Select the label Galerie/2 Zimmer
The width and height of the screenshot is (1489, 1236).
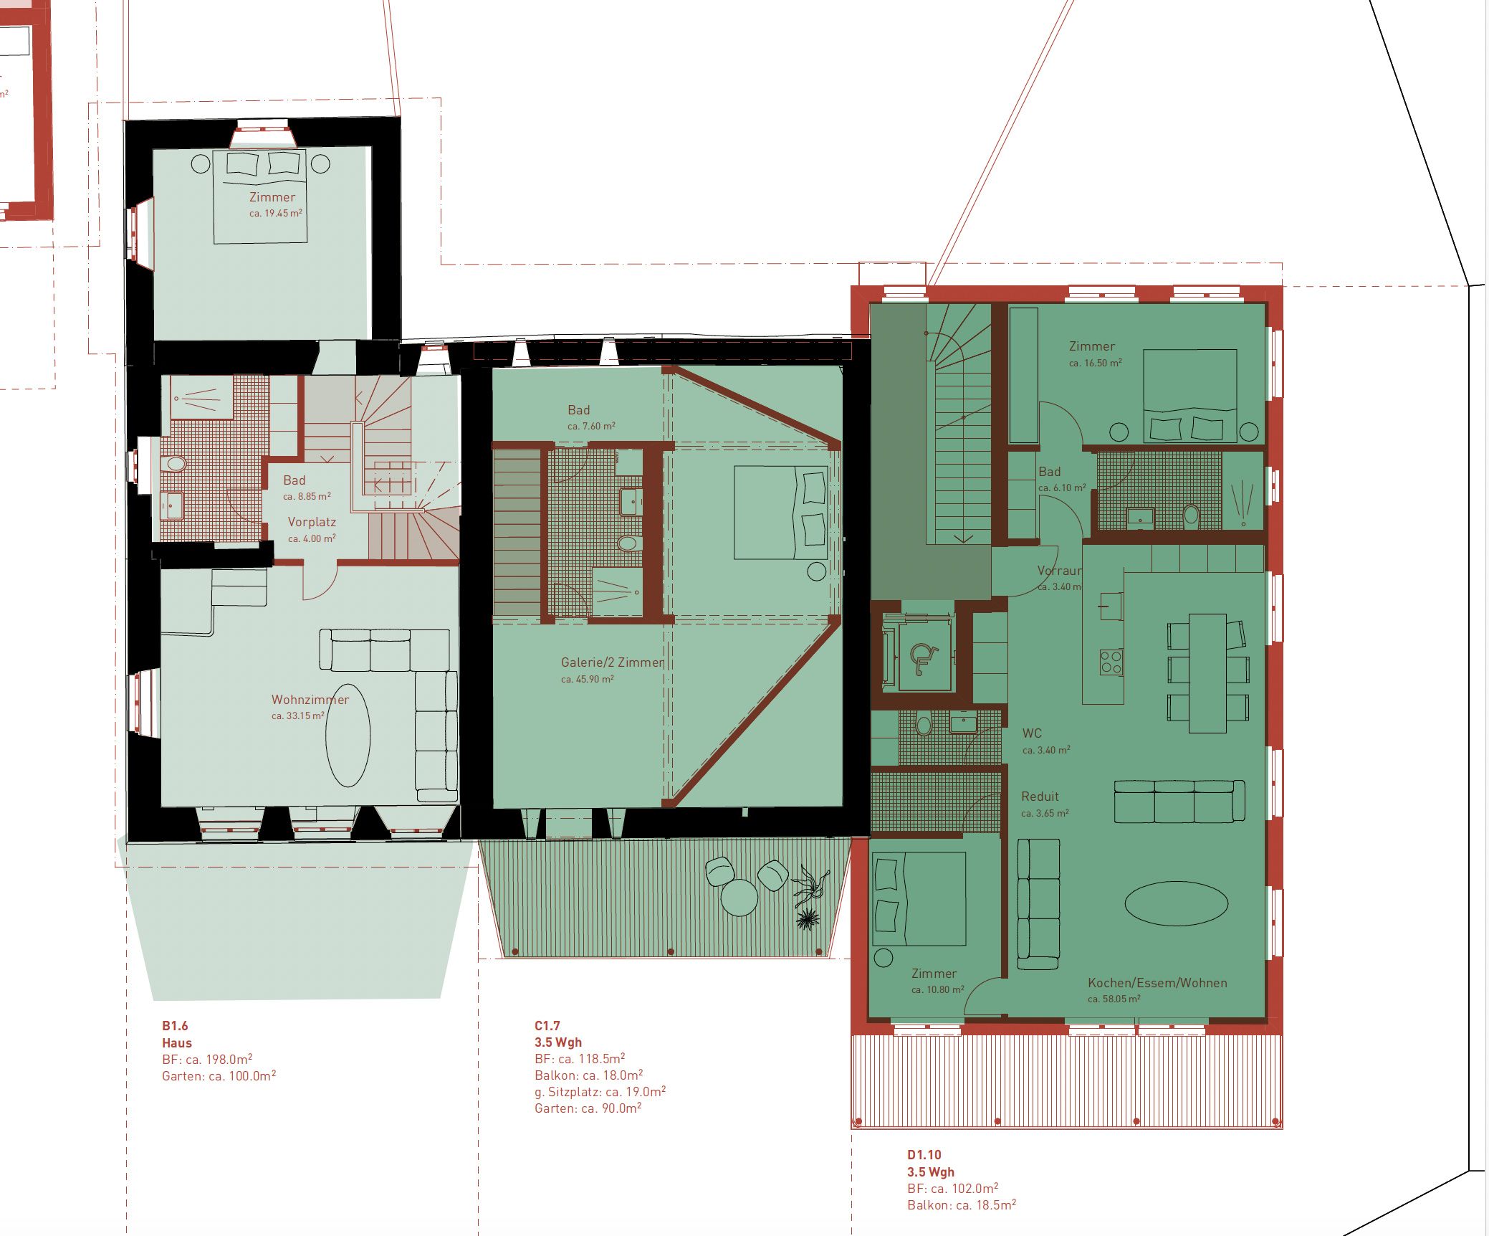pyautogui.click(x=613, y=662)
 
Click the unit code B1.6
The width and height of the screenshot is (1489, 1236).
pyautogui.click(x=175, y=1026)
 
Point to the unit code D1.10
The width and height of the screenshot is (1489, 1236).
pyautogui.click(x=924, y=1155)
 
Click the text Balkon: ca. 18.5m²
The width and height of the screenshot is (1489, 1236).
pyautogui.click(x=962, y=1205)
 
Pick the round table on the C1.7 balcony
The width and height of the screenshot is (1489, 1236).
pyautogui.click(x=739, y=897)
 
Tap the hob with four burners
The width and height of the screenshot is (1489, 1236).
pyautogui.click(x=1111, y=662)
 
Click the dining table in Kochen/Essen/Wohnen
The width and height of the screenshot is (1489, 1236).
pyautogui.click(x=1207, y=672)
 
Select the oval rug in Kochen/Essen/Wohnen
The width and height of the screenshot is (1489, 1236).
pyautogui.click(x=1176, y=904)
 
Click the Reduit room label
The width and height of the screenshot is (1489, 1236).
pyautogui.click(x=1040, y=797)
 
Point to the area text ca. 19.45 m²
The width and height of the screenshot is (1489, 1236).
pyautogui.click(x=276, y=214)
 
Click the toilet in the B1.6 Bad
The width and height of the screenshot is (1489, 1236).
pyautogui.click(x=174, y=464)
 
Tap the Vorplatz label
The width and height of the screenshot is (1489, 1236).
pyautogui.click(x=312, y=523)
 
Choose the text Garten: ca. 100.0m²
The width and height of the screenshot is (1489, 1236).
pyautogui.click(x=219, y=1076)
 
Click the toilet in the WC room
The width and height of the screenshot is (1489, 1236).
pyautogui.click(x=924, y=725)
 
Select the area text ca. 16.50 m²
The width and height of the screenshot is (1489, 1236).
pyautogui.click(x=1095, y=363)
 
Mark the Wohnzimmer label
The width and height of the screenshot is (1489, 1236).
pyautogui.click(x=310, y=700)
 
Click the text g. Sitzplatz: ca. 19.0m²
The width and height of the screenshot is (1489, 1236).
pyautogui.click(x=600, y=1092)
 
